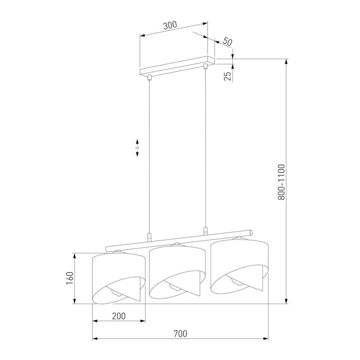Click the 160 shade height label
(70, 278)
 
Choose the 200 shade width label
(118, 315)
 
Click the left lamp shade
(119, 272)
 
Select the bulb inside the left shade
(115, 293)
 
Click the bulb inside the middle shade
(173, 286)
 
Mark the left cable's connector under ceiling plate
(149, 77)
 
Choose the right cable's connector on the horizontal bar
(205, 231)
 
